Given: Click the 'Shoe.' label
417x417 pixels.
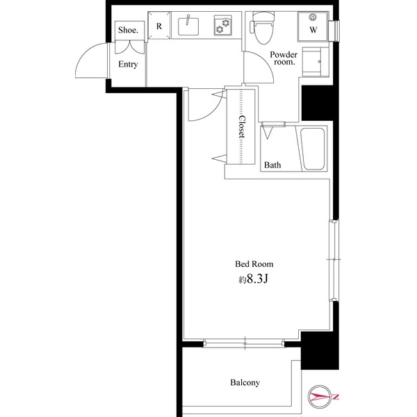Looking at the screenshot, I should click(x=128, y=31).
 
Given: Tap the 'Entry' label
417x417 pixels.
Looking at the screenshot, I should click(x=128, y=65).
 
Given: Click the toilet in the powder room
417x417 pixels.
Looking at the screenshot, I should click(x=263, y=27).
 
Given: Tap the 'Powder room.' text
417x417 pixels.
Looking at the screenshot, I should click(x=284, y=57).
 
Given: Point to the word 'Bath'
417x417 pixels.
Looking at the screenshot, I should click(x=272, y=165).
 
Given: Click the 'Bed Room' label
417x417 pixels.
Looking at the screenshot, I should click(x=254, y=264).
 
